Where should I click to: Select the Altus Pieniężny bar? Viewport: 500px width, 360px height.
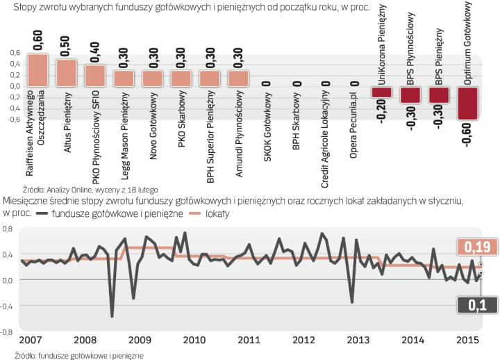click(x=67, y=72)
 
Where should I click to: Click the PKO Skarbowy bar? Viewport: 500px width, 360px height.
click(x=181, y=78)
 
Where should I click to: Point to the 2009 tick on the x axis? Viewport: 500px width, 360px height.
click(x=139, y=340)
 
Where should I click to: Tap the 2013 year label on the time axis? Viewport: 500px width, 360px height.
click(x=358, y=340)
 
